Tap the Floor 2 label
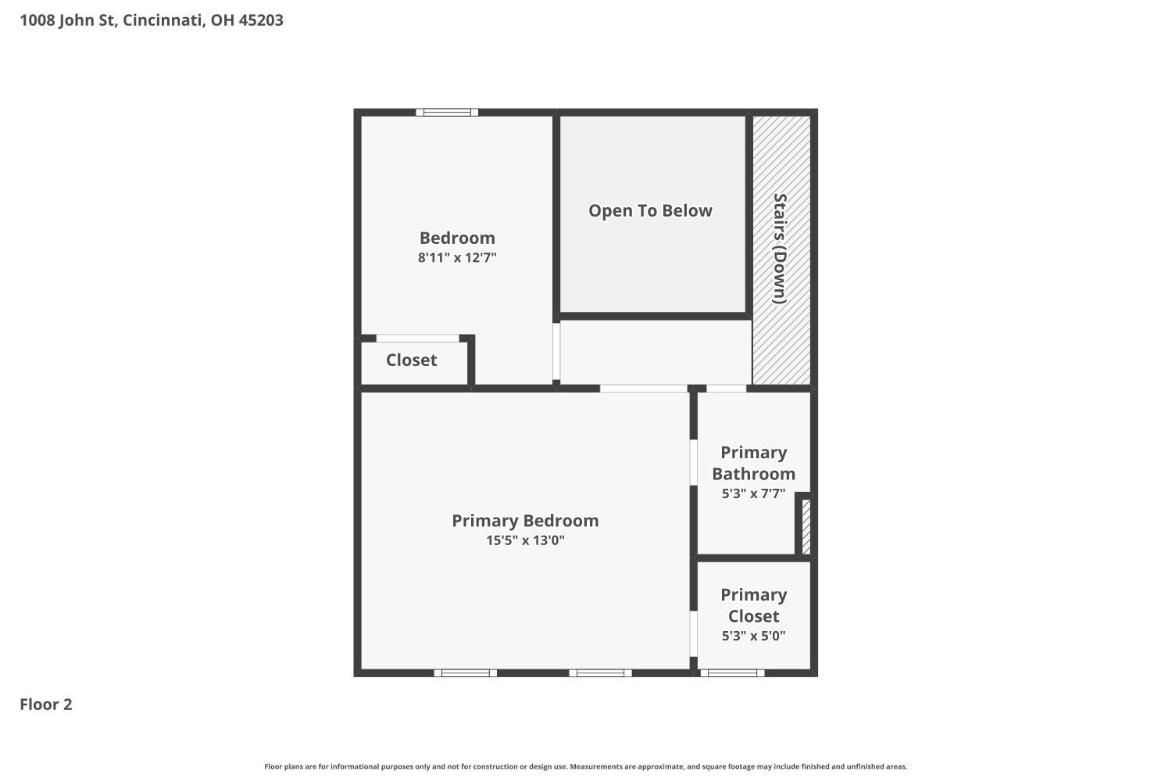pos(46,705)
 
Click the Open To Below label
pos(650,210)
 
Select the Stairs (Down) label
pos(780,249)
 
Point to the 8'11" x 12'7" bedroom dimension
pos(457,258)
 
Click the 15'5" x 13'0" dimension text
pos(525,540)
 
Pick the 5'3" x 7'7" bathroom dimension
pos(753,493)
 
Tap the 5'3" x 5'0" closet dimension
pos(753,636)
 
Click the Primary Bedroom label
pos(525,521)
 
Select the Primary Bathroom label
pos(753,463)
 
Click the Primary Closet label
pos(753,605)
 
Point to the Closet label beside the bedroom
pos(411,360)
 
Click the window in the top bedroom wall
pos(447,112)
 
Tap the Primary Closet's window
pos(733,673)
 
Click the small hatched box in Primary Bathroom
pos(806,527)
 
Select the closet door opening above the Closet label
pos(417,339)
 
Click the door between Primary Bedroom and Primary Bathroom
pos(693,462)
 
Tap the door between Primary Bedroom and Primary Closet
pos(693,633)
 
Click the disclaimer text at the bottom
pos(585,766)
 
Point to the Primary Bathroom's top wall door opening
pos(726,388)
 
